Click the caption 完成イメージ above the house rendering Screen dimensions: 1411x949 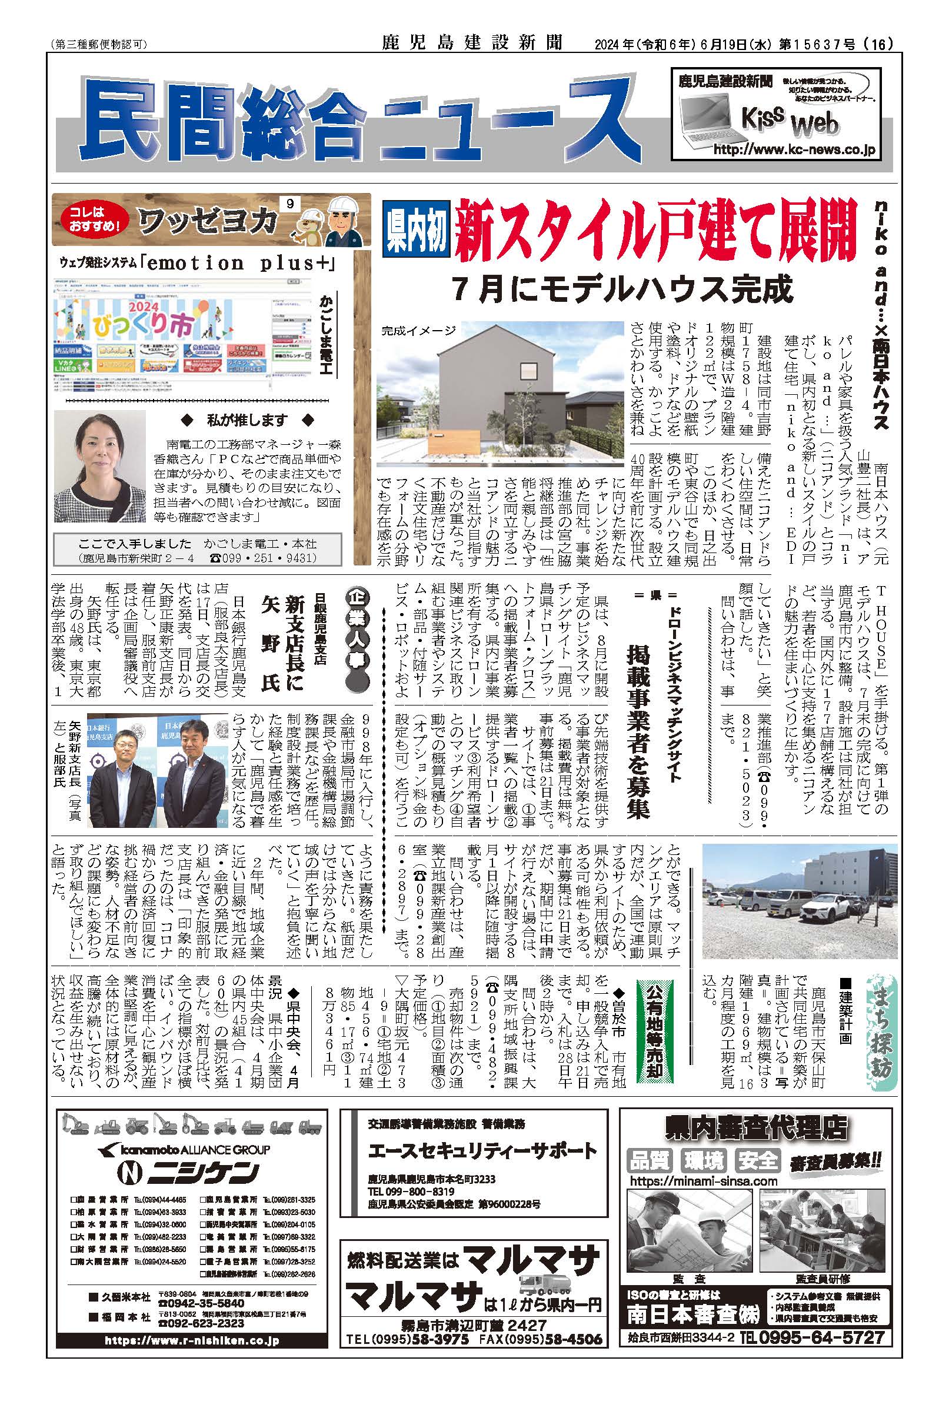click(x=418, y=331)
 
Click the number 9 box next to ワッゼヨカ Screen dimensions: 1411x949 click(x=289, y=205)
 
